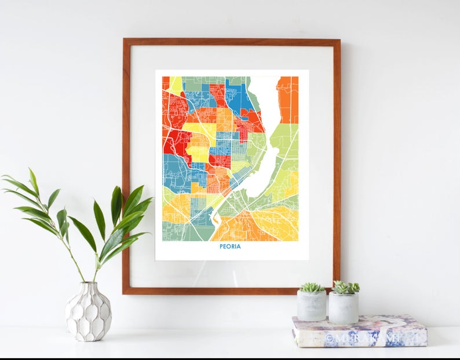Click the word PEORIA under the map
pyautogui.click(x=231, y=247)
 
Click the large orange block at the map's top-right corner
pyautogui.click(x=287, y=98)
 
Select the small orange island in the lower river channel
pyautogui.click(x=217, y=219)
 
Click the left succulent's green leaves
pyautogui.click(x=312, y=287)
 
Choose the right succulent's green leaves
pyautogui.click(x=345, y=287)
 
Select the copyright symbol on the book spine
pyautogui.click(x=331, y=337)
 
